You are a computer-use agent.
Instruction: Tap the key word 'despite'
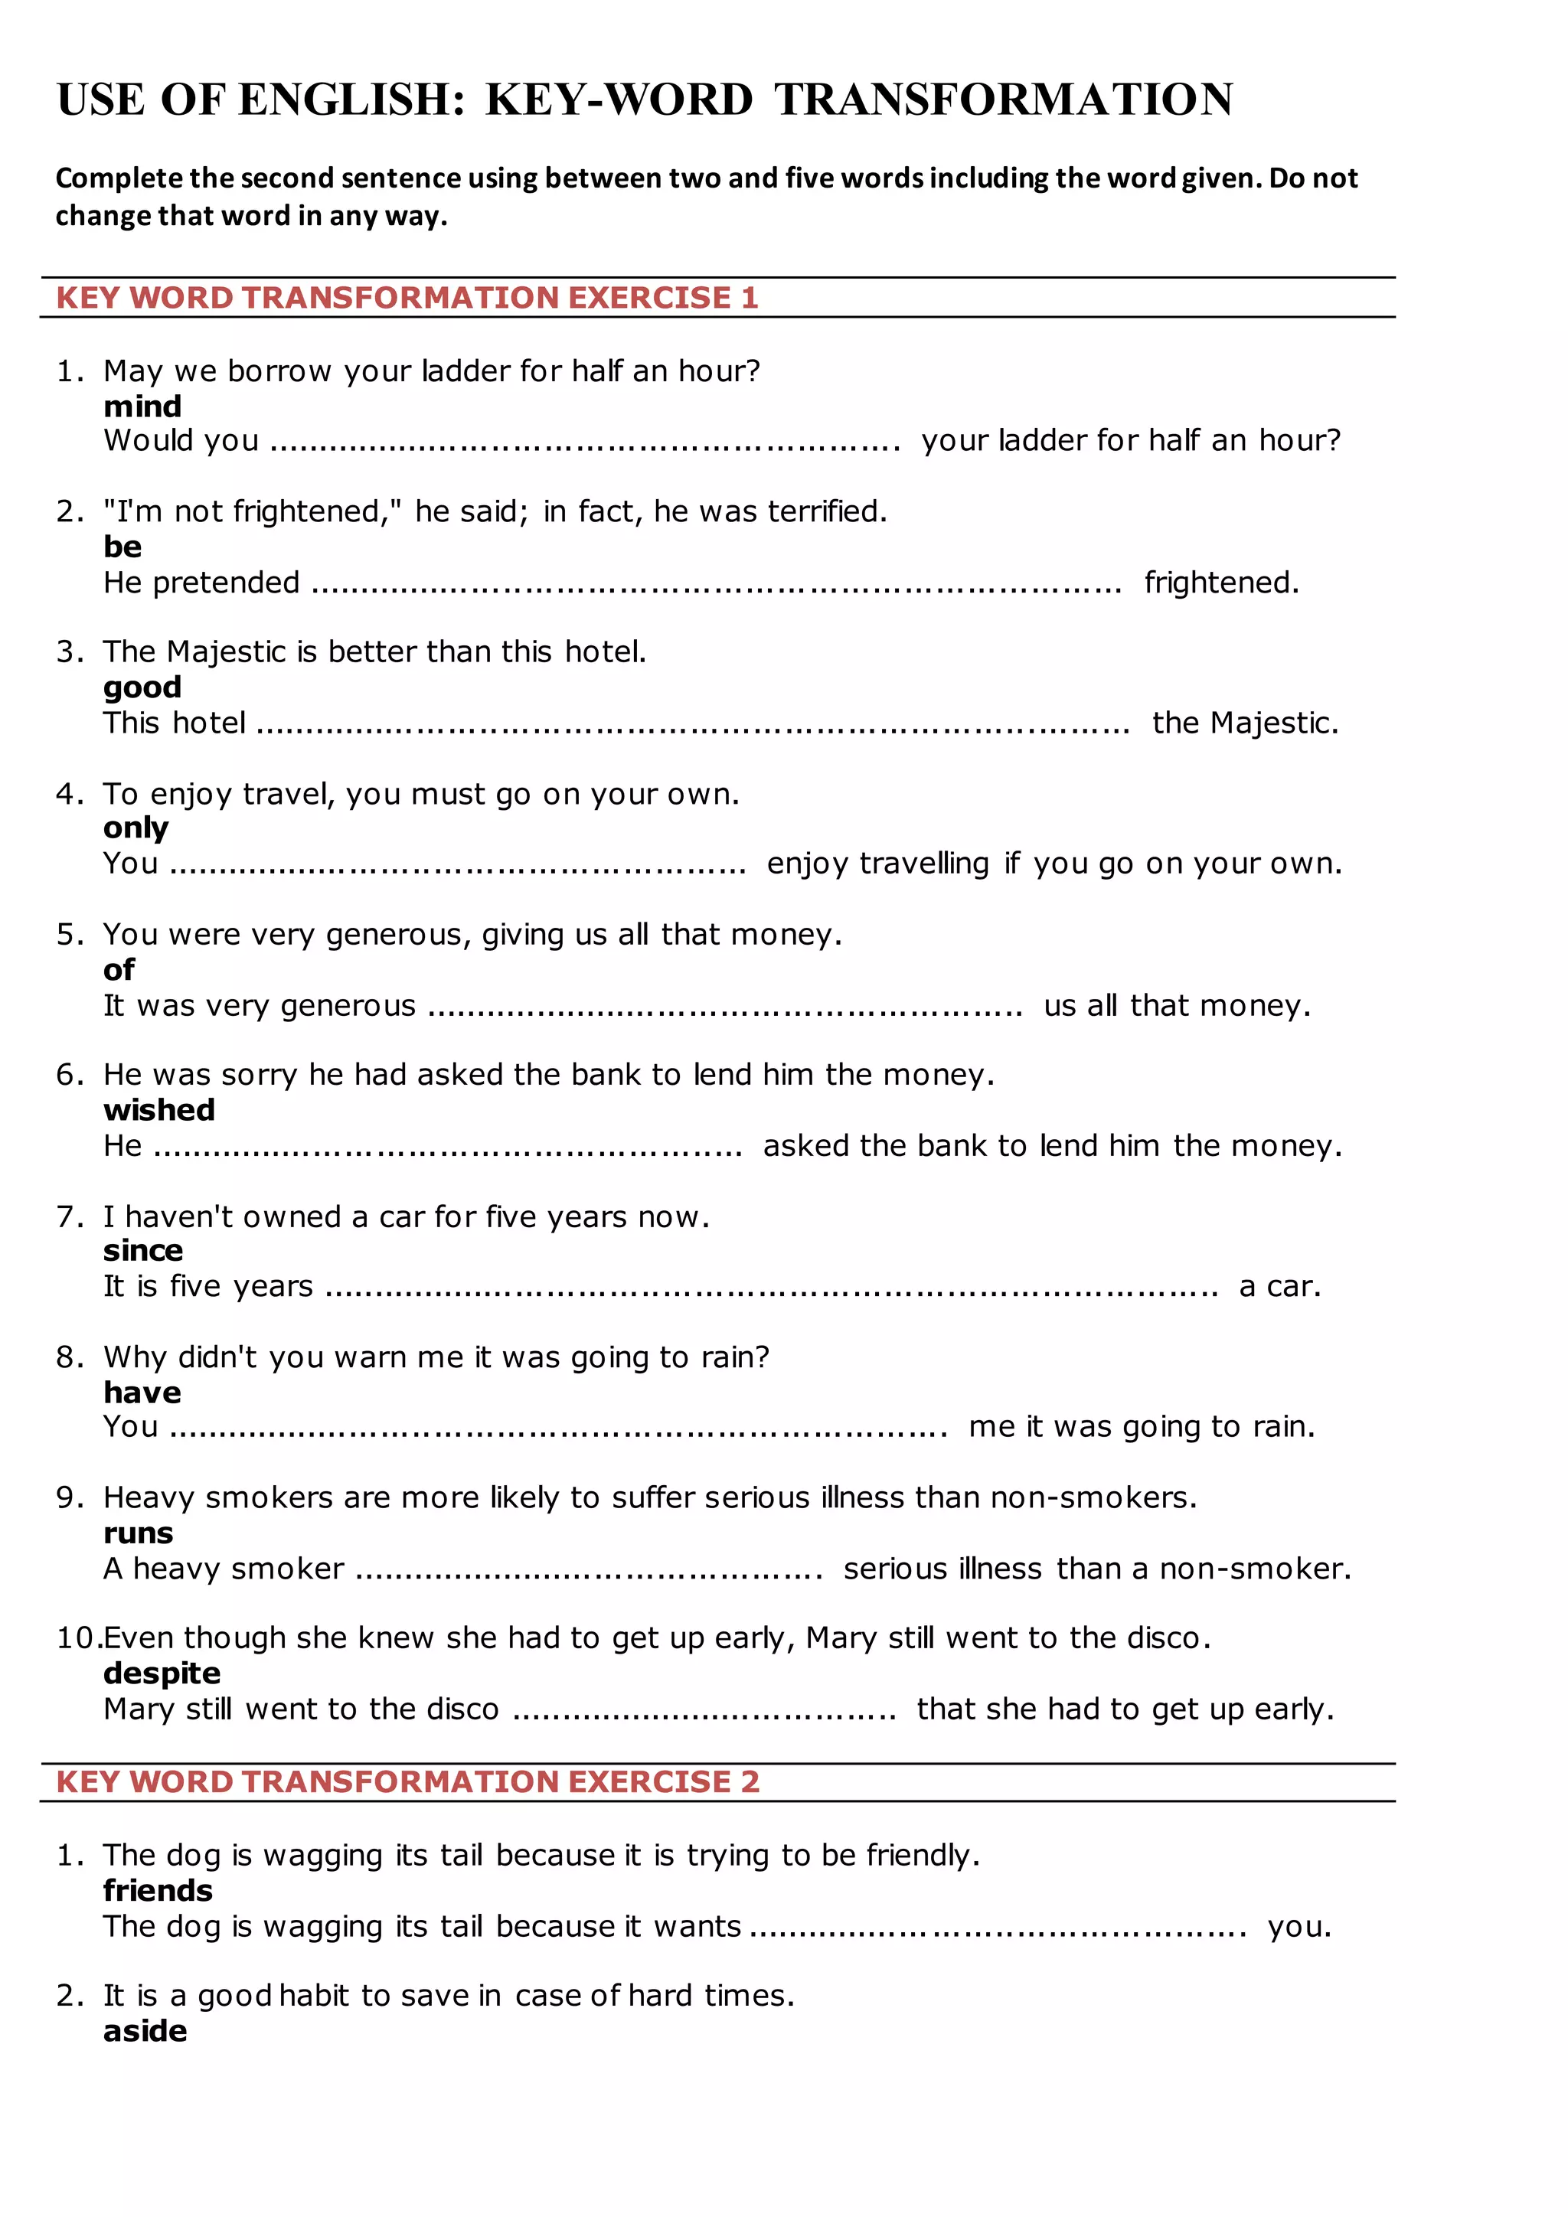pos(162,1673)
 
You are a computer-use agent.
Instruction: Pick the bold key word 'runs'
pos(138,1533)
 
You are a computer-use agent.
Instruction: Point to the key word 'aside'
pos(145,2031)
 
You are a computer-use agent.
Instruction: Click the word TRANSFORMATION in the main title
pos(1004,100)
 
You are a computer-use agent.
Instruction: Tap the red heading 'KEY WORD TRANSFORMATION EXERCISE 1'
pos(407,297)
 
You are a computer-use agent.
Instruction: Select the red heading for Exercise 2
pos(407,1781)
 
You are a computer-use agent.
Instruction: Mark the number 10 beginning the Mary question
pos(77,1637)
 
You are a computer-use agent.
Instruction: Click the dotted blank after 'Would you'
pos(585,442)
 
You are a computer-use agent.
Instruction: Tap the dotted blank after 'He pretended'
pos(717,584)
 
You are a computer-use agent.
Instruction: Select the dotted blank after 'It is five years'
pos(773,1288)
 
